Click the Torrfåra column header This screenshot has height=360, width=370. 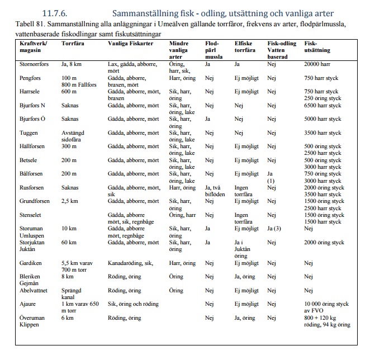73,43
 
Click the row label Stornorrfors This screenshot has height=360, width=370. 27,65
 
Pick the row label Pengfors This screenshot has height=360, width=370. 23,78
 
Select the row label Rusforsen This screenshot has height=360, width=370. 24,187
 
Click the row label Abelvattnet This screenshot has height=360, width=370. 26,291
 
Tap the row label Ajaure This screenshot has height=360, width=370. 20,305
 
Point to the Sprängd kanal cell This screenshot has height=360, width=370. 72,294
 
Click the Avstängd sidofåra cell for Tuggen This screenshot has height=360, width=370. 73,136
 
